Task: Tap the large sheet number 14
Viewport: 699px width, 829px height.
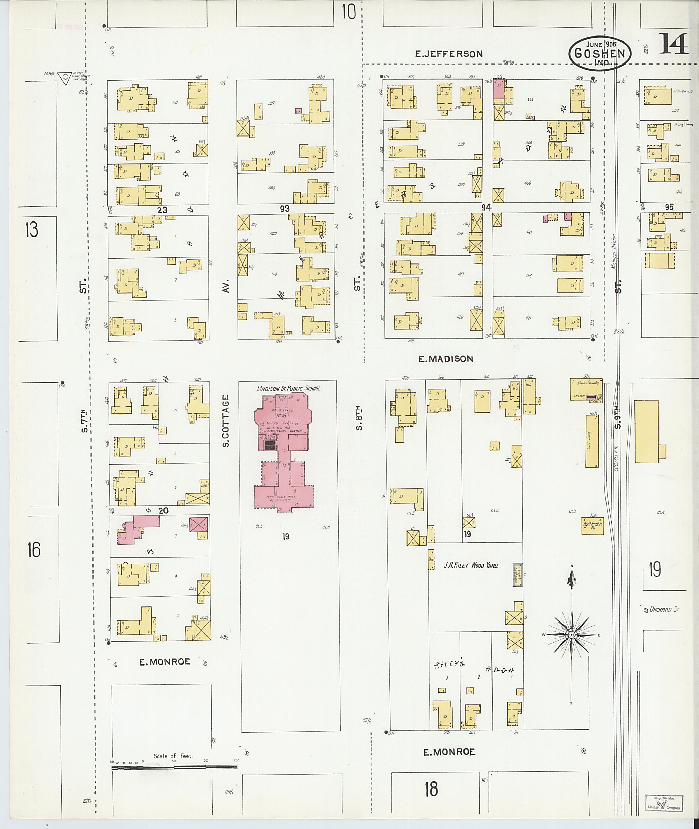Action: point(673,44)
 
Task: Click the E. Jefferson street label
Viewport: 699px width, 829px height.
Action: point(448,54)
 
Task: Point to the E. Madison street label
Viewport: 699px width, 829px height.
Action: point(446,359)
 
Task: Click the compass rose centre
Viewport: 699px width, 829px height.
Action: point(571,635)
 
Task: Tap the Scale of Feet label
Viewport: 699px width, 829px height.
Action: point(173,756)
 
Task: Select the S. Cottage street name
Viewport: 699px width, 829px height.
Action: point(226,421)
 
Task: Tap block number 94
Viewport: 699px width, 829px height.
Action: point(486,207)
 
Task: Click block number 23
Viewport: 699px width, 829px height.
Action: point(162,210)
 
